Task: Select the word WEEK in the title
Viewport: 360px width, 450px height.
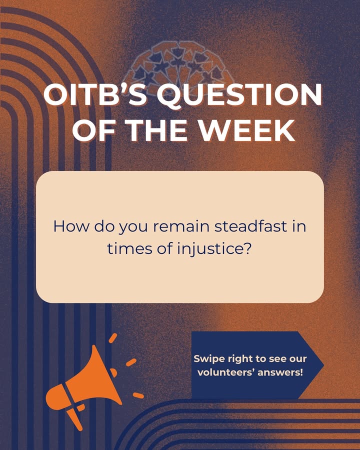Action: [247, 130]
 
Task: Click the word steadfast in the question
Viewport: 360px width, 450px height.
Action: [251, 226]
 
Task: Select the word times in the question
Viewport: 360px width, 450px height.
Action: [130, 248]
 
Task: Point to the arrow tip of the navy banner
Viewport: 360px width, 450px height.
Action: [324, 365]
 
